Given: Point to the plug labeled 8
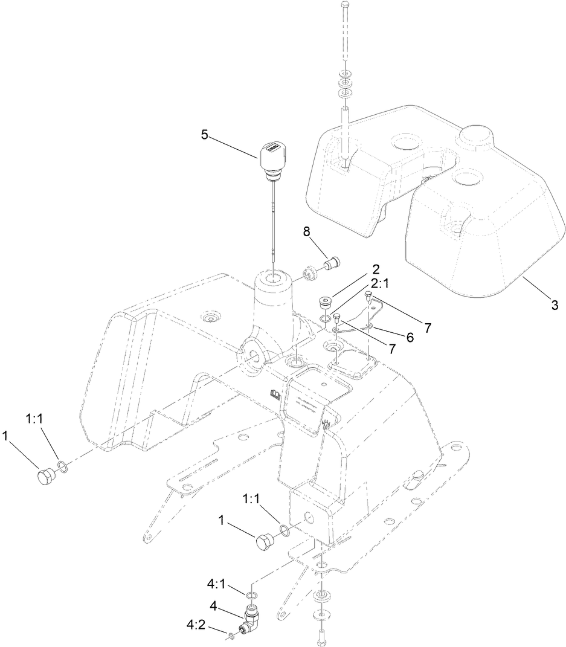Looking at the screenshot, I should pyautogui.click(x=331, y=264).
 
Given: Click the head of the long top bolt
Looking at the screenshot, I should pyautogui.click(x=344, y=5).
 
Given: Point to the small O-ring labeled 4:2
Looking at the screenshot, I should pyautogui.click(x=232, y=635).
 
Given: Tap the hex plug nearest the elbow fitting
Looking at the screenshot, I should pyautogui.click(x=266, y=541).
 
